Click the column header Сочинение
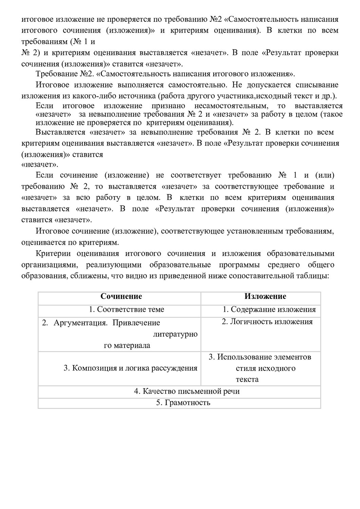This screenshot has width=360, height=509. [121, 297]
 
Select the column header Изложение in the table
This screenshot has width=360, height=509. [265, 297]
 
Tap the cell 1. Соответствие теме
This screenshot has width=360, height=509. [126, 309]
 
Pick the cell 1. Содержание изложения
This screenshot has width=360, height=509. [269, 309]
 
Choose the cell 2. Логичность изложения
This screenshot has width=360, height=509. [267, 322]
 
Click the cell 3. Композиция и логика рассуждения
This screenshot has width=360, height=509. [130, 368]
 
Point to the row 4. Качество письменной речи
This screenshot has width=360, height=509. [187, 391]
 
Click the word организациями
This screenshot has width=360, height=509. [45, 265]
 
